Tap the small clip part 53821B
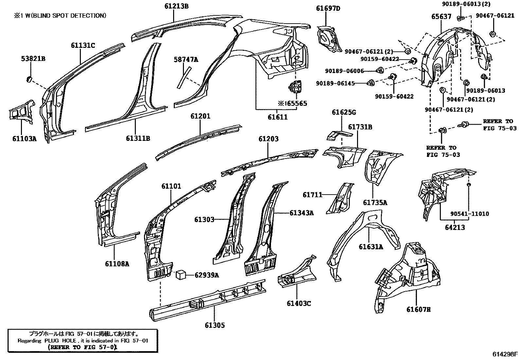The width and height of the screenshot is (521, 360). coord(29,79)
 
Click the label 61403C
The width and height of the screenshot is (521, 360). coord(299,303)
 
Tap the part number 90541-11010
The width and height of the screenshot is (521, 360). coord(470,214)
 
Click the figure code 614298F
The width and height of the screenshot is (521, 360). coord(505,354)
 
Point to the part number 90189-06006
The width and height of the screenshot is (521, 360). coord(344,71)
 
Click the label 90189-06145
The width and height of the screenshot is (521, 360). coord(335,84)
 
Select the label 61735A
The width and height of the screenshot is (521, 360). coord(375,203)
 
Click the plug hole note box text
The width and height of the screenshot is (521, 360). coord(83,340)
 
